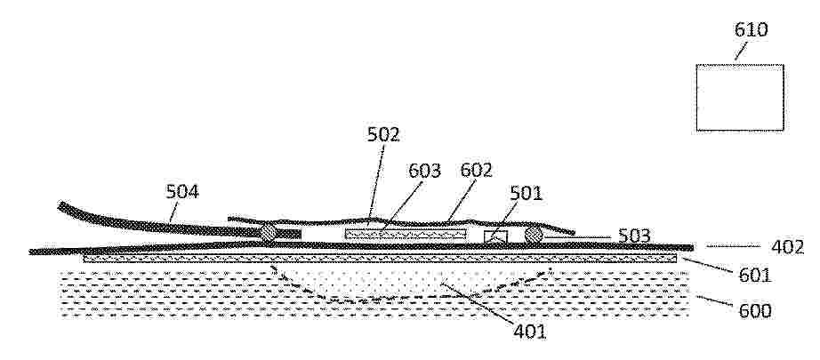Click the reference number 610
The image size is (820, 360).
(751, 30)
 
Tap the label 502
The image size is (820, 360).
(382, 135)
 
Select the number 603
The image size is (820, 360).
(424, 171)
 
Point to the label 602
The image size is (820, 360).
(476, 170)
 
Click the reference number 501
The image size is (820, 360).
(527, 193)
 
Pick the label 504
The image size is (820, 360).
(182, 192)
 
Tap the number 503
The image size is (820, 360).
(634, 236)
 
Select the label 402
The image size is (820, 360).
(788, 247)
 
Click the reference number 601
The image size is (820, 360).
(754, 276)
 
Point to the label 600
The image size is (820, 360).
(754, 311)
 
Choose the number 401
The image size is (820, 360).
(530, 332)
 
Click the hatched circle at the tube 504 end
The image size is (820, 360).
(269, 233)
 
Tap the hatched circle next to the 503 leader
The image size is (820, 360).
(534, 234)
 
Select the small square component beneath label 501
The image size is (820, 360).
(495, 236)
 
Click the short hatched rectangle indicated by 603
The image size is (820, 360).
(406, 234)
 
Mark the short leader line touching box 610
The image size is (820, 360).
(741, 52)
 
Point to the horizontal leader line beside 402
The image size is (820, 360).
(733, 245)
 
